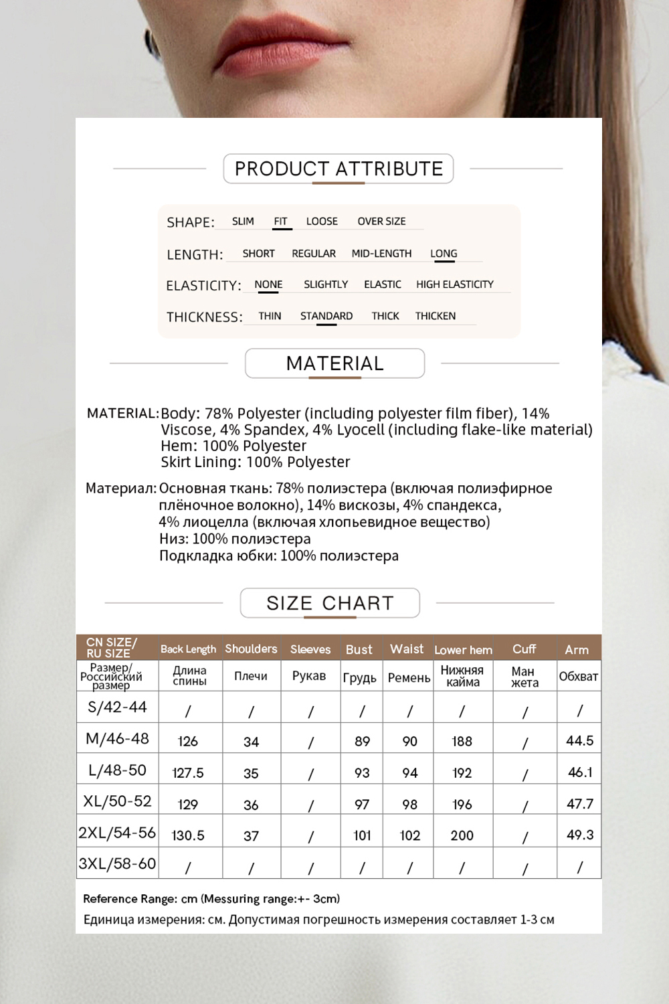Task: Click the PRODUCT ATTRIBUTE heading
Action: click(339, 169)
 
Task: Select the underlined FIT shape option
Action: click(281, 222)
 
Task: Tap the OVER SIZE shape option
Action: click(381, 222)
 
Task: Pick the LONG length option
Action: click(444, 254)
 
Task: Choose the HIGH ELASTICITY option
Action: click(455, 284)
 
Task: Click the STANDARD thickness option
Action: click(326, 316)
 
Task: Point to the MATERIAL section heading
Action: click(334, 363)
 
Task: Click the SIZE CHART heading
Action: click(330, 603)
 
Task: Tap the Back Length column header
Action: click(188, 649)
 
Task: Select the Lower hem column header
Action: click(463, 650)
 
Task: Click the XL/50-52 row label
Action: click(117, 801)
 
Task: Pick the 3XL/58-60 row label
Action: click(117, 863)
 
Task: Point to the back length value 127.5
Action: click(188, 772)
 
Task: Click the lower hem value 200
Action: click(462, 835)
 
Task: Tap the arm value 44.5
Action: click(580, 741)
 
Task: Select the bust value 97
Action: click(362, 804)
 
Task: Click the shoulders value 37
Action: click(251, 835)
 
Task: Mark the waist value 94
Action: click(410, 772)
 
